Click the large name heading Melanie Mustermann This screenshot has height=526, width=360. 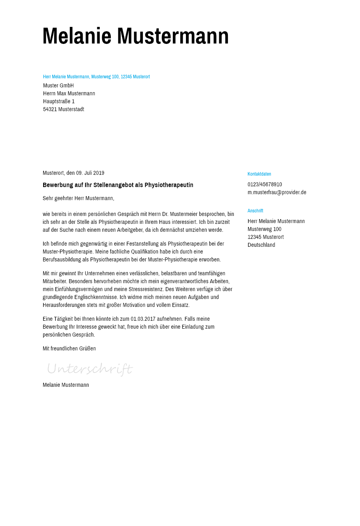coord(135,36)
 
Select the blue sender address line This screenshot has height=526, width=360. coord(96,77)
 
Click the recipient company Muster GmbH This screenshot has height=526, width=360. coord(59,85)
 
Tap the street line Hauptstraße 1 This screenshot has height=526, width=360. coord(59,101)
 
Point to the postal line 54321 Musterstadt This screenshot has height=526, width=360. coord(64,109)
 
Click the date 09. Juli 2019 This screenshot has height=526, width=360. coord(90,173)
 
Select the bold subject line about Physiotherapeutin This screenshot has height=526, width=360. coord(118,185)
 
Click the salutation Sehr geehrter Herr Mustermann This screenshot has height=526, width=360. coord(78,198)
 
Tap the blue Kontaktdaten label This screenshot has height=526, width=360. coord(259,174)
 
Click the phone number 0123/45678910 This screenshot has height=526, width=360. coord(265,184)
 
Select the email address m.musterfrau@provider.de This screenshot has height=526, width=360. coord(277,192)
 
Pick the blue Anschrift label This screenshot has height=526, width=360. coord(255,211)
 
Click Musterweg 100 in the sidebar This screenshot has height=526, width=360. coord(264,229)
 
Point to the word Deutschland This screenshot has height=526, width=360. coord(261,245)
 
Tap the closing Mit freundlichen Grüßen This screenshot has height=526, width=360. coord(69,348)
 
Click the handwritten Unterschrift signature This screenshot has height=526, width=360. coord(89,369)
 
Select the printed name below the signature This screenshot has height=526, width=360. coord(66,385)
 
